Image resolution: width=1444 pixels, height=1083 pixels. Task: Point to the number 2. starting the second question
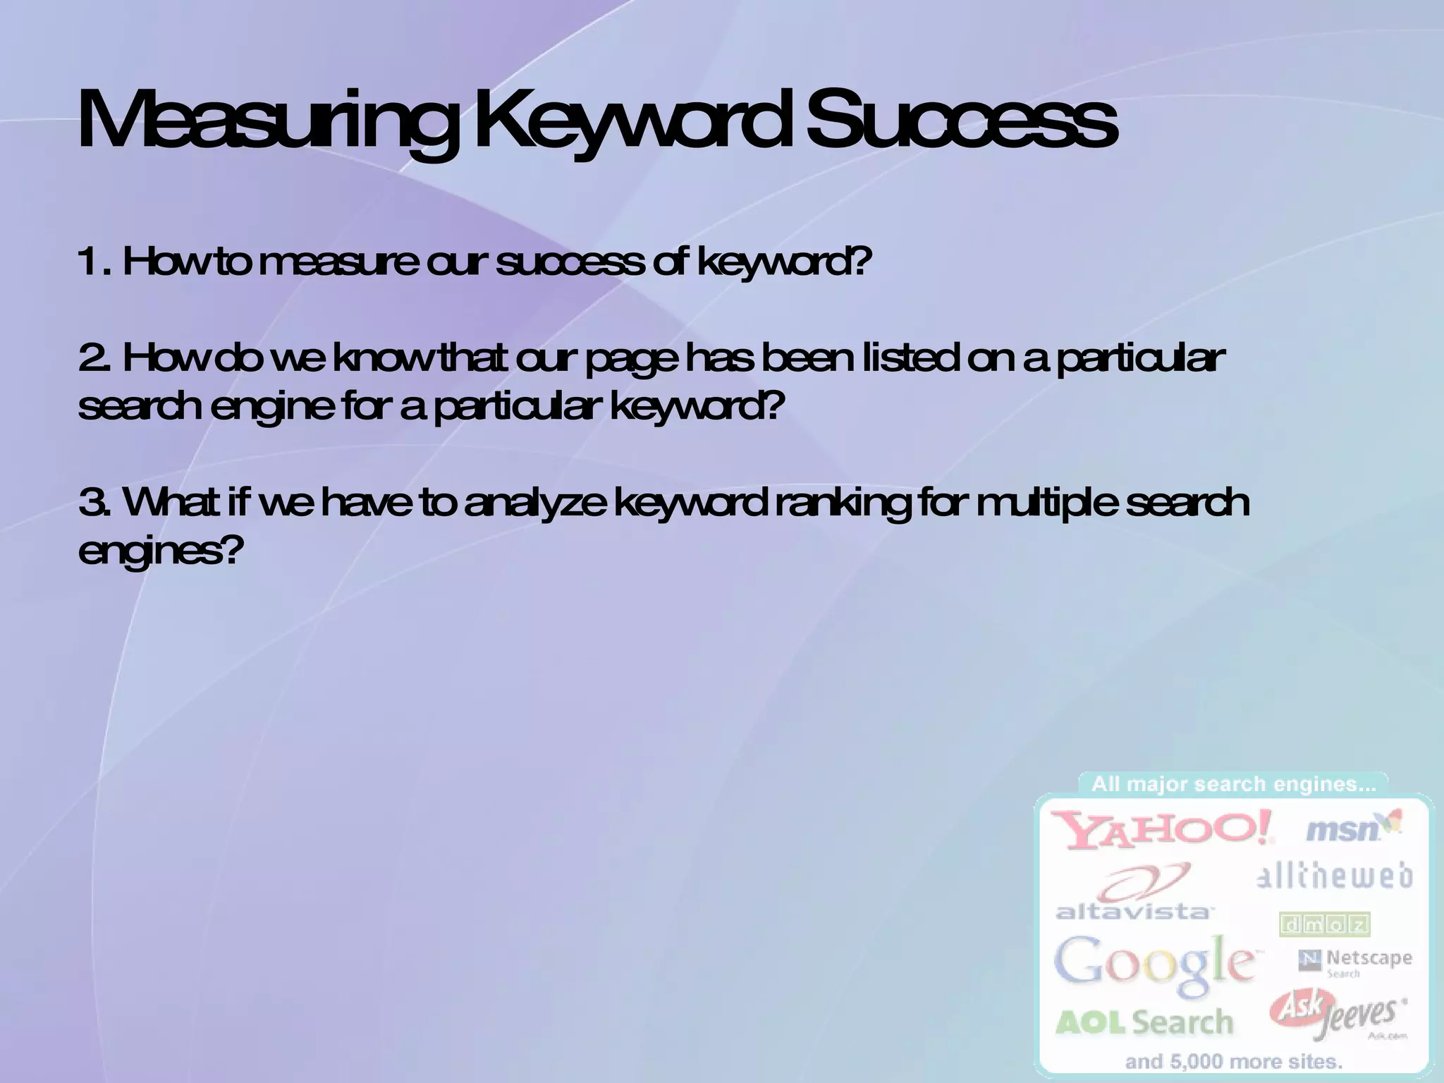click(96, 359)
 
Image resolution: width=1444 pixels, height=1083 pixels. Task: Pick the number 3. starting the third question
click(96, 503)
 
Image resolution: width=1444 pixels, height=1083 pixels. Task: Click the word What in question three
click(173, 503)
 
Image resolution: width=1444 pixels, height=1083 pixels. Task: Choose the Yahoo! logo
click(1163, 831)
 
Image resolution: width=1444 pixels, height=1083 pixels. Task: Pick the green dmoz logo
click(1324, 925)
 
